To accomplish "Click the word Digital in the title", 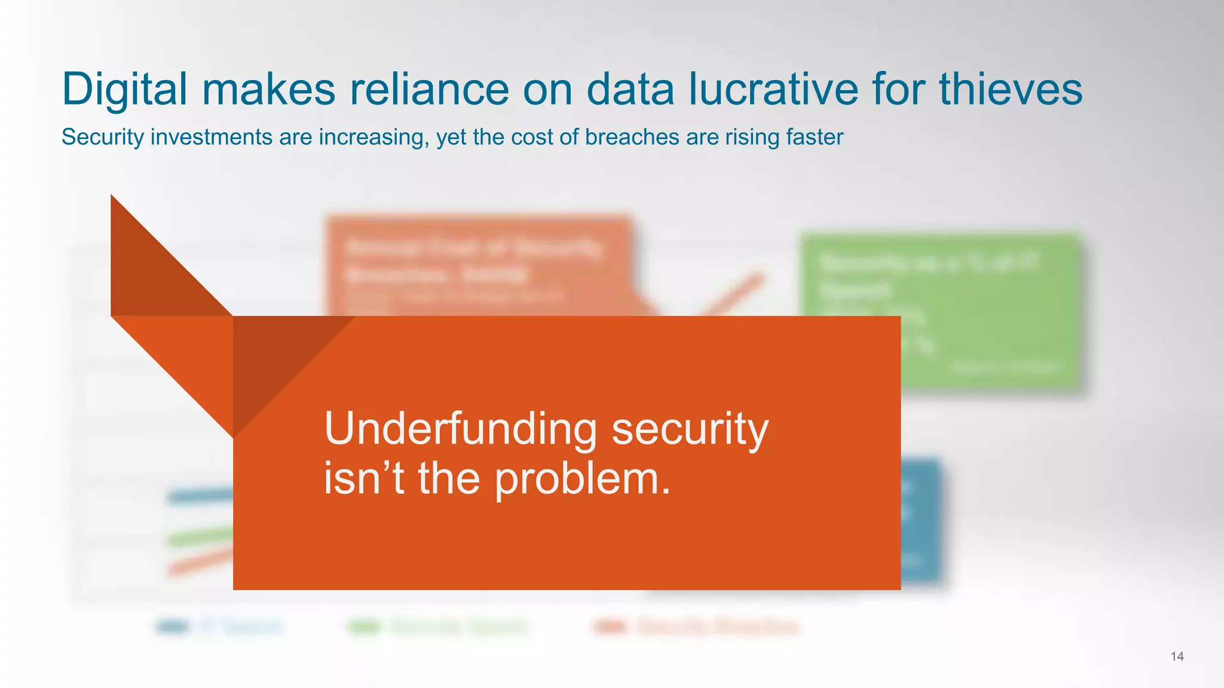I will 124,90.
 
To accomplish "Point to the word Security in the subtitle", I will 102,137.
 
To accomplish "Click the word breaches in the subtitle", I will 632,137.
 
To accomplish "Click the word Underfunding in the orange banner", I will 460,429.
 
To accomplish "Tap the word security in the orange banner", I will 690,429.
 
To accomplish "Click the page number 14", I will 1177,657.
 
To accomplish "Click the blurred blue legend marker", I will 173,626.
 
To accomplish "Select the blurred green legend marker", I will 364,626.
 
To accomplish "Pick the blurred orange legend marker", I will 610,626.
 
